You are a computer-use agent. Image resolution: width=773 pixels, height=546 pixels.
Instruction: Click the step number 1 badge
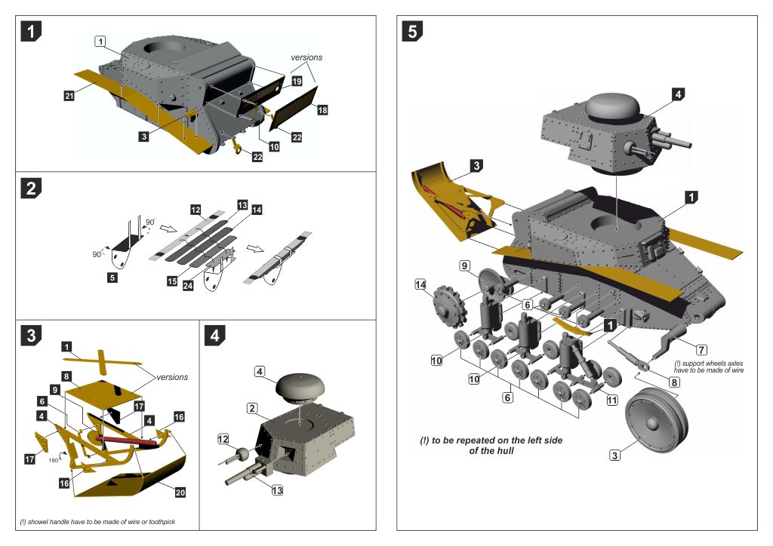pos(31,31)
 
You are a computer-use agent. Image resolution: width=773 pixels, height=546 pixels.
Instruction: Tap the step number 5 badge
pos(413,31)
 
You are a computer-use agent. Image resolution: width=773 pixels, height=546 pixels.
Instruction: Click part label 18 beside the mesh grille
pos(322,110)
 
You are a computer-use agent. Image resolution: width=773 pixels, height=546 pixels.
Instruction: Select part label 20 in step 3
pos(180,492)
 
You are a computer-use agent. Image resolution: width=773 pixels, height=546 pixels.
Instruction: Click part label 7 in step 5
pos(701,350)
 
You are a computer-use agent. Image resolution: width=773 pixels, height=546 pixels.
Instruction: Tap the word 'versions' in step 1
pos(306,58)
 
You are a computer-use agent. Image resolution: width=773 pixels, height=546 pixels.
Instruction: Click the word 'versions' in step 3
pos(172,377)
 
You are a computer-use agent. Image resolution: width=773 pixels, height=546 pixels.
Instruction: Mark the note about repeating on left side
pos(491,445)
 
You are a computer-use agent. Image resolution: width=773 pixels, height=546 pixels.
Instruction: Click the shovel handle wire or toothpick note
pos(97,523)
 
